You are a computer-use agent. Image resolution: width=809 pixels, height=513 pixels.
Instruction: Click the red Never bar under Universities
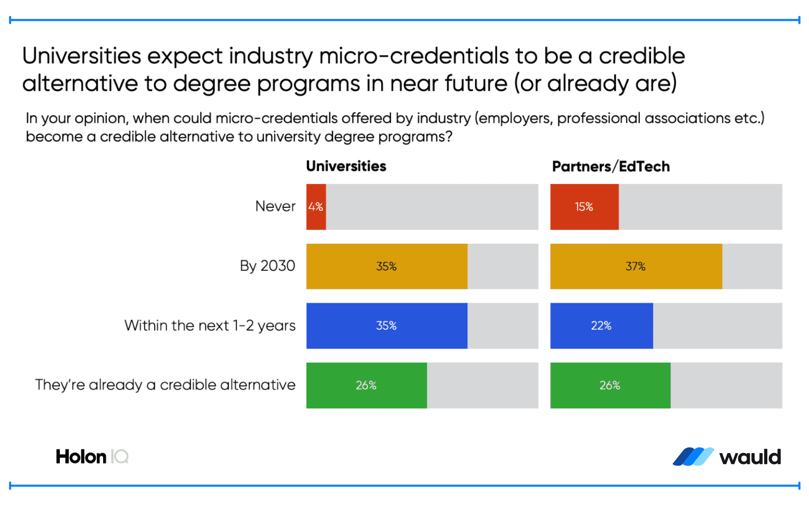click(316, 207)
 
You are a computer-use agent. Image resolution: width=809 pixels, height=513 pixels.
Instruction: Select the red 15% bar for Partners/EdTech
click(584, 207)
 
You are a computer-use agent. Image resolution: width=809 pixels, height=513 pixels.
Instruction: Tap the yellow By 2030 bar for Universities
click(387, 266)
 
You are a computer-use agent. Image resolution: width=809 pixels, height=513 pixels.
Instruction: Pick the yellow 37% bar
click(636, 266)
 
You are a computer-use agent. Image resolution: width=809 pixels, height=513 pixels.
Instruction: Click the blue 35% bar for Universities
click(387, 326)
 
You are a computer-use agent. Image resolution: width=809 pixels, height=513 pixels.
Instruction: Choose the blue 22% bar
click(601, 326)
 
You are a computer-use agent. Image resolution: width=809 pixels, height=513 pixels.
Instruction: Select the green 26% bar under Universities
click(366, 385)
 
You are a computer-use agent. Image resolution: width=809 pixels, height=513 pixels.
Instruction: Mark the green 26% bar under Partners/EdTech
click(610, 385)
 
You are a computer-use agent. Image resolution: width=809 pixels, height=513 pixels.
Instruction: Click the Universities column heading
click(346, 166)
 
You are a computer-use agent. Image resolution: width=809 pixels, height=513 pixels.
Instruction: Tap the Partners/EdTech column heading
click(611, 167)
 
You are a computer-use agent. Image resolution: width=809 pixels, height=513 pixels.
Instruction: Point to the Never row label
click(275, 206)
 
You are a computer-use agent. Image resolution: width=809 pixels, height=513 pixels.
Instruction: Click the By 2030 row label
click(267, 266)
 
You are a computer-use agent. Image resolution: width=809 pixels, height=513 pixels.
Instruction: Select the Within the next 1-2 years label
click(210, 326)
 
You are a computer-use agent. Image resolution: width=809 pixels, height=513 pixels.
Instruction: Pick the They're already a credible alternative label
click(165, 385)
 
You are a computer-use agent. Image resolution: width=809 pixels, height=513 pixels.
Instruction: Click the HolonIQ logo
click(92, 457)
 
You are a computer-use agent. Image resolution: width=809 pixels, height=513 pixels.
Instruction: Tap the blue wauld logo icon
click(693, 457)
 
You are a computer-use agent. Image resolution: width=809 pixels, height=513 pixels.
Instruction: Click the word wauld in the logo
click(750, 457)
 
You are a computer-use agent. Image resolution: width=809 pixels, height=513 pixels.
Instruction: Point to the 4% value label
click(316, 207)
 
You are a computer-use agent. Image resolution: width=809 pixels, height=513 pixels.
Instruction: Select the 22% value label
click(601, 326)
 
